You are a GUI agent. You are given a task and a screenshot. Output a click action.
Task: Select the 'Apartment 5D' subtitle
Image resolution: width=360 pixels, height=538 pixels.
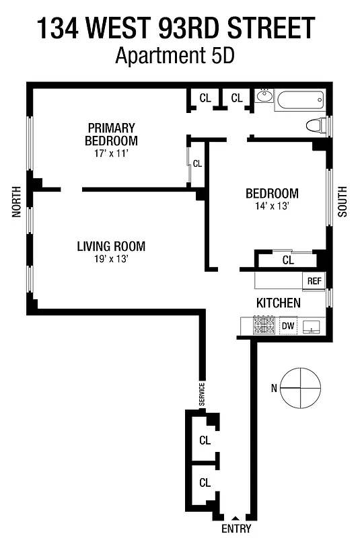click(174, 56)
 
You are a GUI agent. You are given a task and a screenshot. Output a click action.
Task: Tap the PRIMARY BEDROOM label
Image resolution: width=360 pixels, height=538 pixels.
click(111, 134)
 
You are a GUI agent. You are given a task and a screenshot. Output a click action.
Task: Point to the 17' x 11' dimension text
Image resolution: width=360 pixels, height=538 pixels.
click(111, 153)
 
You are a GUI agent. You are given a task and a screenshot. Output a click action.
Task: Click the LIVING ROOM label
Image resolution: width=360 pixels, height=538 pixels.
click(111, 246)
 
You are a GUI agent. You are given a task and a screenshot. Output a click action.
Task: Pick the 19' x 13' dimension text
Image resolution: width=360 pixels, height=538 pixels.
click(111, 258)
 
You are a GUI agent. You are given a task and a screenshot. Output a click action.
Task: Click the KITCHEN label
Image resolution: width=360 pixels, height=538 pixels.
click(278, 303)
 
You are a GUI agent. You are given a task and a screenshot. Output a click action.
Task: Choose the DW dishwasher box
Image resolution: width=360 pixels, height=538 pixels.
click(288, 326)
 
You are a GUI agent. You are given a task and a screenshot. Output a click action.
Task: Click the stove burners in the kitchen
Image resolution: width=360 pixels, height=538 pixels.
click(264, 326)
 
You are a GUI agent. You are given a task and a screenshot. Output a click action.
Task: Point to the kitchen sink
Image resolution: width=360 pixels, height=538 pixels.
click(311, 326)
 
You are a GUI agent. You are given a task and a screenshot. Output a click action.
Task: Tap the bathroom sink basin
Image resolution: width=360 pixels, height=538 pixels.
click(264, 97)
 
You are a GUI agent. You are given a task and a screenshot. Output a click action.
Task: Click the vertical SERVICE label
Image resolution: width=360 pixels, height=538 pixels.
click(201, 394)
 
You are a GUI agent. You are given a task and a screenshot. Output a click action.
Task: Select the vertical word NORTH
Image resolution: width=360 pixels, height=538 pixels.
click(16, 202)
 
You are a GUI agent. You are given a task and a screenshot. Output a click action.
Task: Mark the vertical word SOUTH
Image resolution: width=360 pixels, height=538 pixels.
click(342, 201)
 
